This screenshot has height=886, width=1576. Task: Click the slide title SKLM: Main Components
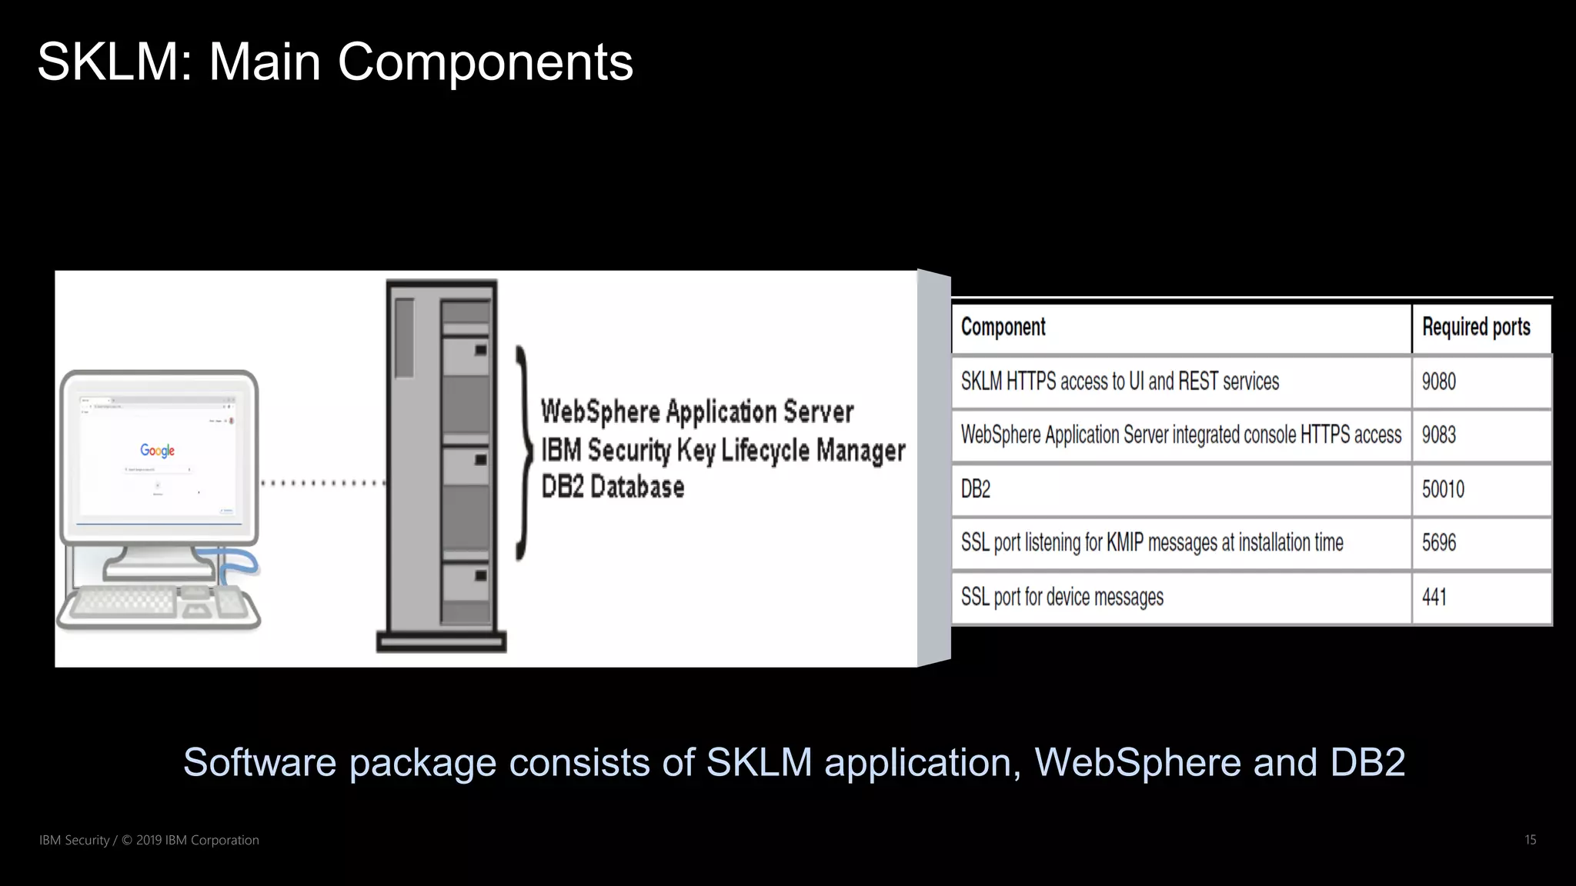click(x=335, y=62)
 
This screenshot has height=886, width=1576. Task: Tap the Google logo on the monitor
click(x=157, y=450)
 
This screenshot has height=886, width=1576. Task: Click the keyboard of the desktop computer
click(x=123, y=601)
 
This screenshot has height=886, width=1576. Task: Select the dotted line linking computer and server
click(x=323, y=483)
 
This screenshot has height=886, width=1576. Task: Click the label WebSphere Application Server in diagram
click(x=696, y=411)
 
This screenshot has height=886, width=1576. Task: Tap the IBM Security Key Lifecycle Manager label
click(x=723, y=450)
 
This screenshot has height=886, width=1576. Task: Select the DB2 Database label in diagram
click(x=613, y=487)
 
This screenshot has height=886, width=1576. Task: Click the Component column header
click(x=1003, y=328)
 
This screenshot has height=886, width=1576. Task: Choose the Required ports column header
click(x=1475, y=328)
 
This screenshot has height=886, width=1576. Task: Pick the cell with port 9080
click(x=1438, y=381)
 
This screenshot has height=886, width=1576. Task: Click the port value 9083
click(x=1438, y=435)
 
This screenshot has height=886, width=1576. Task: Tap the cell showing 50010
click(x=1442, y=489)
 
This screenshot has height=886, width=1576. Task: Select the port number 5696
click(x=1438, y=543)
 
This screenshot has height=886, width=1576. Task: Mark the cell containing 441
click(x=1434, y=597)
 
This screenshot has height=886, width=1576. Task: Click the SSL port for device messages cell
click(x=1062, y=597)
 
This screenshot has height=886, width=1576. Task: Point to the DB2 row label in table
click(x=975, y=489)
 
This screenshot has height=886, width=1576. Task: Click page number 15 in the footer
click(x=1530, y=840)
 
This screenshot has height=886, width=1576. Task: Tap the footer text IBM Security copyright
click(x=149, y=840)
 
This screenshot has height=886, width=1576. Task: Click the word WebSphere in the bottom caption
click(x=1137, y=762)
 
